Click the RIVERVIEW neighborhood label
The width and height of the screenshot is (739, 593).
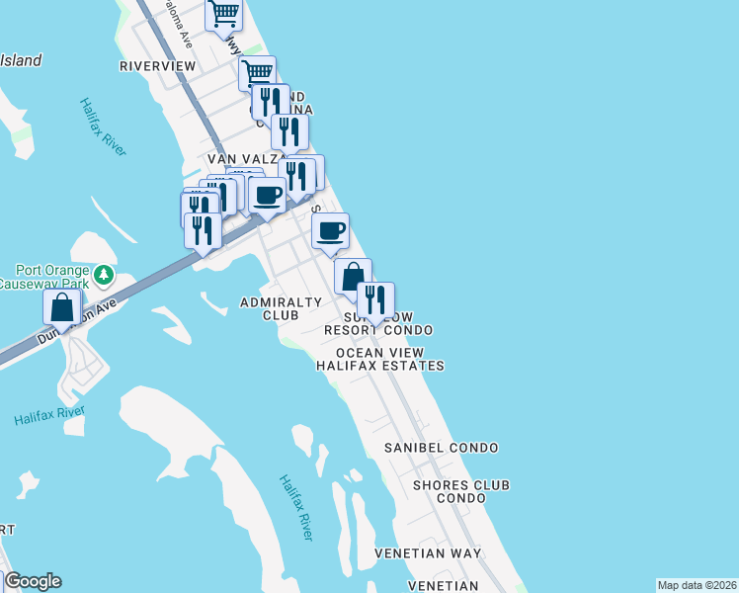coord(158,66)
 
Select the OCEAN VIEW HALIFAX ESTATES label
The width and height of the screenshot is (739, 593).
coord(380,359)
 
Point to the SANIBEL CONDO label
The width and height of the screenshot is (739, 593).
coord(441,448)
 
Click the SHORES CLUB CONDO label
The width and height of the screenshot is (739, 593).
coord(461,491)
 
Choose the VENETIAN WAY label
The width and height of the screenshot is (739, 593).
coord(428,552)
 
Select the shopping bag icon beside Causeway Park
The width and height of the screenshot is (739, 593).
coord(62,307)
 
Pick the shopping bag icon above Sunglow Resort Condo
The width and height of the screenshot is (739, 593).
coord(353,277)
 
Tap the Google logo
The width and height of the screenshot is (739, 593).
coord(32,581)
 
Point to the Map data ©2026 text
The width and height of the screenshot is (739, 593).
coord(697,585)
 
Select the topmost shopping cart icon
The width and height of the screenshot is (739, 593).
coord(224,15)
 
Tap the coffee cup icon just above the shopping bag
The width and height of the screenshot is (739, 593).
coord(331,231)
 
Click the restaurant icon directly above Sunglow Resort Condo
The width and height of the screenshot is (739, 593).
coord(376,300)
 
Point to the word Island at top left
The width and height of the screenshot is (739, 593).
coord(20,60)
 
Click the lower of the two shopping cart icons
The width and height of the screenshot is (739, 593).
coord(257,72)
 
